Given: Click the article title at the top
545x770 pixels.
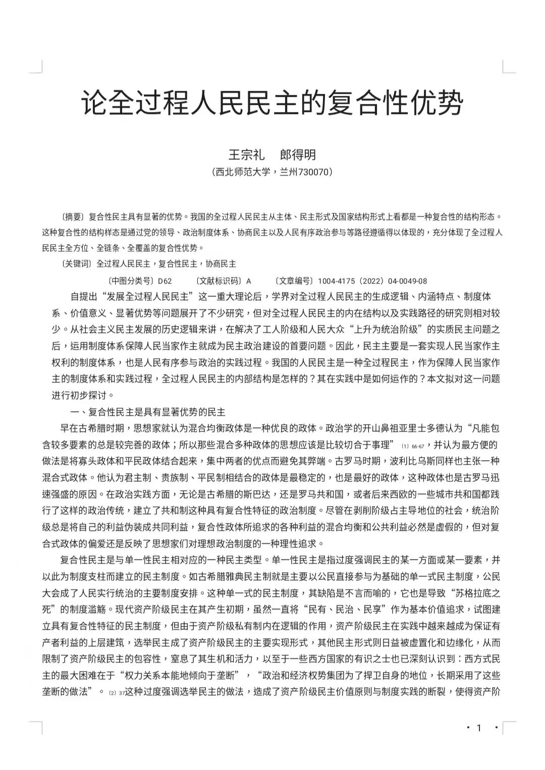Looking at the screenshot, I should [272, 102].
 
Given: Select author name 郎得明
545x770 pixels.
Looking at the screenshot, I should [298, 154].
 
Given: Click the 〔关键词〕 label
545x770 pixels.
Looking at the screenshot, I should [76, 264].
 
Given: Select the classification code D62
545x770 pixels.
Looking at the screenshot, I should [165, 281].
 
